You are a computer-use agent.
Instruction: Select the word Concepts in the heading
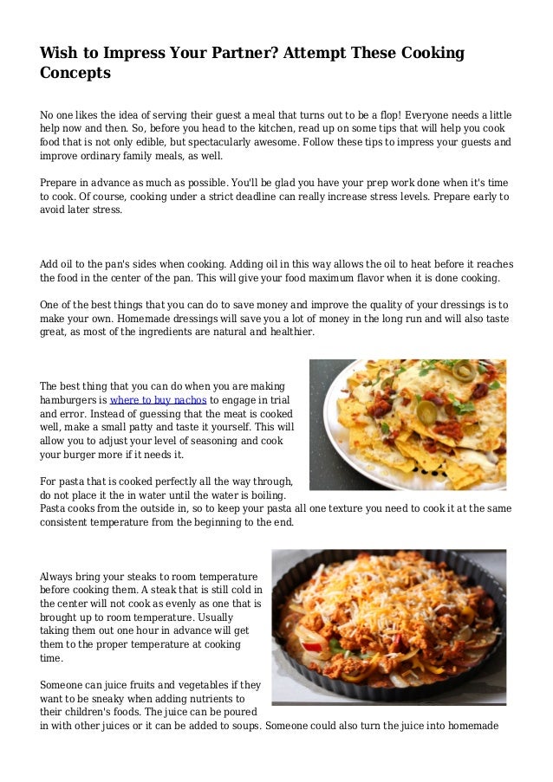tap(75, 74)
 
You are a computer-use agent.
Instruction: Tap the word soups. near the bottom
tap(240, 726)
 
